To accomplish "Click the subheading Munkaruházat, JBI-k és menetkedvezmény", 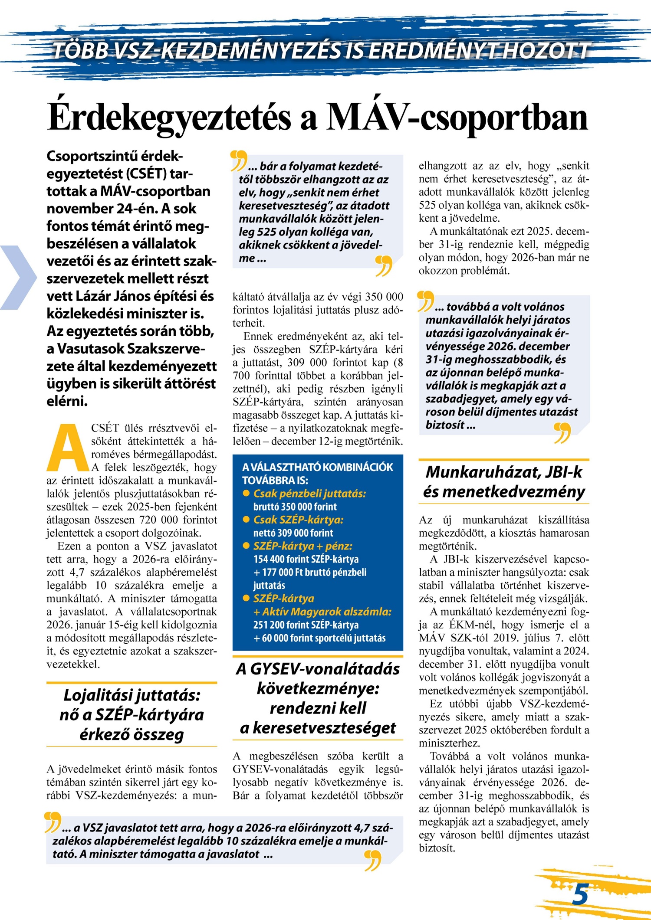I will coord(504,482).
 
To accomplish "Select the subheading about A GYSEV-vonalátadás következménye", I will coord(318,698).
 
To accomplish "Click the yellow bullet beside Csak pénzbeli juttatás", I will coord(246,493).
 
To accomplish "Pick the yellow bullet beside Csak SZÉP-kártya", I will coord(246,519).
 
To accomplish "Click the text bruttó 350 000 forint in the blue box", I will coord(295,507).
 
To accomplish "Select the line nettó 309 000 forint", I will coord(293,533).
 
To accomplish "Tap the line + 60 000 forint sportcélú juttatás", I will coord(319,638).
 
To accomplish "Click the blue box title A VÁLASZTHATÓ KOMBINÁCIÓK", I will coord(318,468).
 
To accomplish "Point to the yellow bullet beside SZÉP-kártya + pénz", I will coord(246,546).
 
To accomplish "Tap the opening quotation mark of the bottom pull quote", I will coord(53,822).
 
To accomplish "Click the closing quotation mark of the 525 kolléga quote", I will coord(384,265).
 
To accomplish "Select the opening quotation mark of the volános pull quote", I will coord(425,301).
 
